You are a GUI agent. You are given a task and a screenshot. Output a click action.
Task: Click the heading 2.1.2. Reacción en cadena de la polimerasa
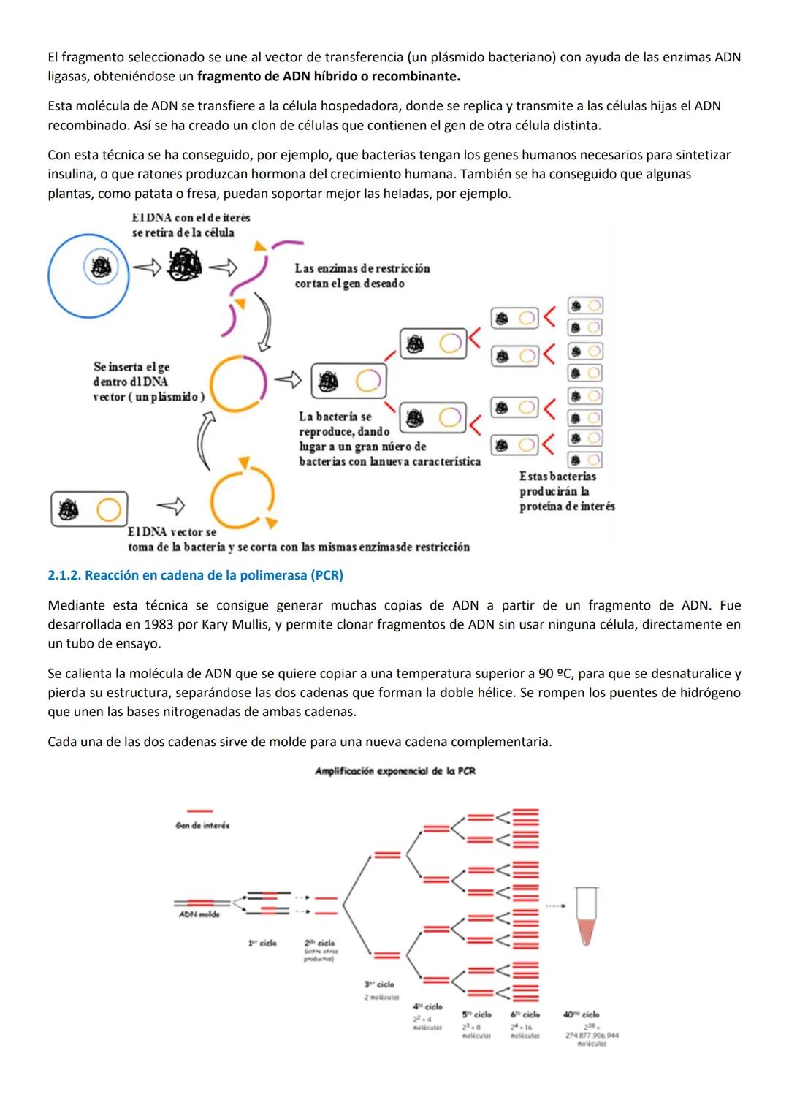pos(195,575)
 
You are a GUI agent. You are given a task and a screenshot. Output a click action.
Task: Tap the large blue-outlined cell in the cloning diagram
pos(88,276)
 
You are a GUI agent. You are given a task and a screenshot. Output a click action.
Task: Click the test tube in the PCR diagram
pos(586,916)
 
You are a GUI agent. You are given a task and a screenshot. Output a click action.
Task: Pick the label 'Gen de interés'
pos(202,825)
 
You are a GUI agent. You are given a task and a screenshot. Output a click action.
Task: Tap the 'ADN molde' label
pos(199,914)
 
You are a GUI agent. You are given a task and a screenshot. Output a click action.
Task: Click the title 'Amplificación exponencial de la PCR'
pos(394,771)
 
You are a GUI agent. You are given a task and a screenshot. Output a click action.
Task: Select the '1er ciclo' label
pos(262,943)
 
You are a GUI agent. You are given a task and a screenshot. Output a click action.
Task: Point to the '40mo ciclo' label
pos(581,1014)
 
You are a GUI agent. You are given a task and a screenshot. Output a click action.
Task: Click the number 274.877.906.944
pos(592,1035)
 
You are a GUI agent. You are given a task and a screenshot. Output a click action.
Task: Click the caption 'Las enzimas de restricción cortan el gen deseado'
pos(362,276)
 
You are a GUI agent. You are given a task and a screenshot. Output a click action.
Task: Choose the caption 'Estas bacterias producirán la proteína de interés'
pos(567,491)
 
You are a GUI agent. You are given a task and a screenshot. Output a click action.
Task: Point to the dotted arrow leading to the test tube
pos(555,906)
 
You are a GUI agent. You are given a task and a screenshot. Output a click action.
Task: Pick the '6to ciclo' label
pos(525,1014)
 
